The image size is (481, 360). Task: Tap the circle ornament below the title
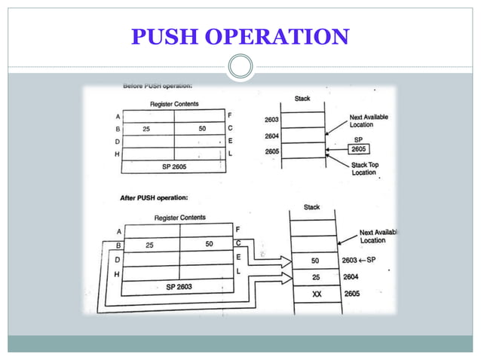point(240,67)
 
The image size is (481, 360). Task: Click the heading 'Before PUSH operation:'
point(160,87)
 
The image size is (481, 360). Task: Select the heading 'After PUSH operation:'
point(155,198)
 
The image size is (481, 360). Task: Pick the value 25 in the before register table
point(146,130)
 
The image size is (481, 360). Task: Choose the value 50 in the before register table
point(202,130)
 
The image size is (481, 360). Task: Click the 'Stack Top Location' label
point(363,169)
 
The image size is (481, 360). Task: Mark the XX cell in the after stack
point(317,294)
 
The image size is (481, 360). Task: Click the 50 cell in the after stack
point(316,260)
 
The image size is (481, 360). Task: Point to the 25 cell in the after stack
point(316,276)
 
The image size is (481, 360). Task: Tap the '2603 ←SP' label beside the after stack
point(358,260)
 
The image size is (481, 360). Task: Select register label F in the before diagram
point(230,115)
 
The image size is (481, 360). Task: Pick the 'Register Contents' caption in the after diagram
point(179,218)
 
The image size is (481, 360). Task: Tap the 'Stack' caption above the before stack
point(301,99)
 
